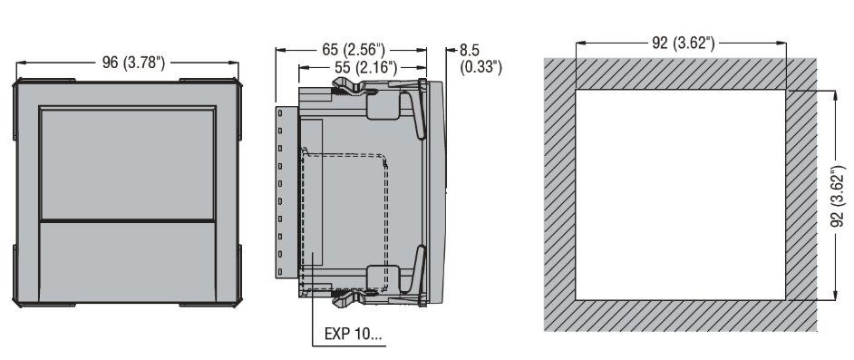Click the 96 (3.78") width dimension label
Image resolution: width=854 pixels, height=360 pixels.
click(133, 63)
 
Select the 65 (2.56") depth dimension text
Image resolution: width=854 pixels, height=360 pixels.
click(354, 50)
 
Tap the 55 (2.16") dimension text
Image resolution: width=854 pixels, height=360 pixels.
click(365, 67)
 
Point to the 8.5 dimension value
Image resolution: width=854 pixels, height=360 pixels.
click(470, 50)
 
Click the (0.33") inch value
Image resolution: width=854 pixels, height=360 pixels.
click(480, 67)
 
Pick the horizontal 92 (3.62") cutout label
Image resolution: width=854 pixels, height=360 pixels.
click(683, 43)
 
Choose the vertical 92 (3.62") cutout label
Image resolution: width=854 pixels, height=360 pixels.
click(839, 196)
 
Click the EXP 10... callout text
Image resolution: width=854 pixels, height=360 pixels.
click(353, 334)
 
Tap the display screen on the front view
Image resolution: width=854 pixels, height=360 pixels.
click(128, 163)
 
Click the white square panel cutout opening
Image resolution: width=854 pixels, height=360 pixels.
click(680, 194)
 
